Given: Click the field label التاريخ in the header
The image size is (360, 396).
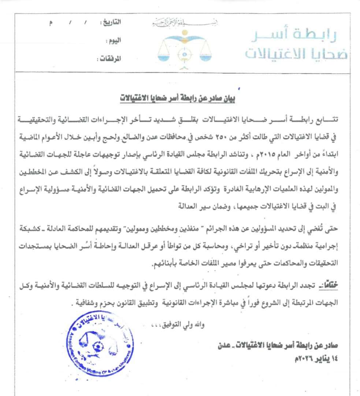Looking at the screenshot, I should (111, 23).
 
